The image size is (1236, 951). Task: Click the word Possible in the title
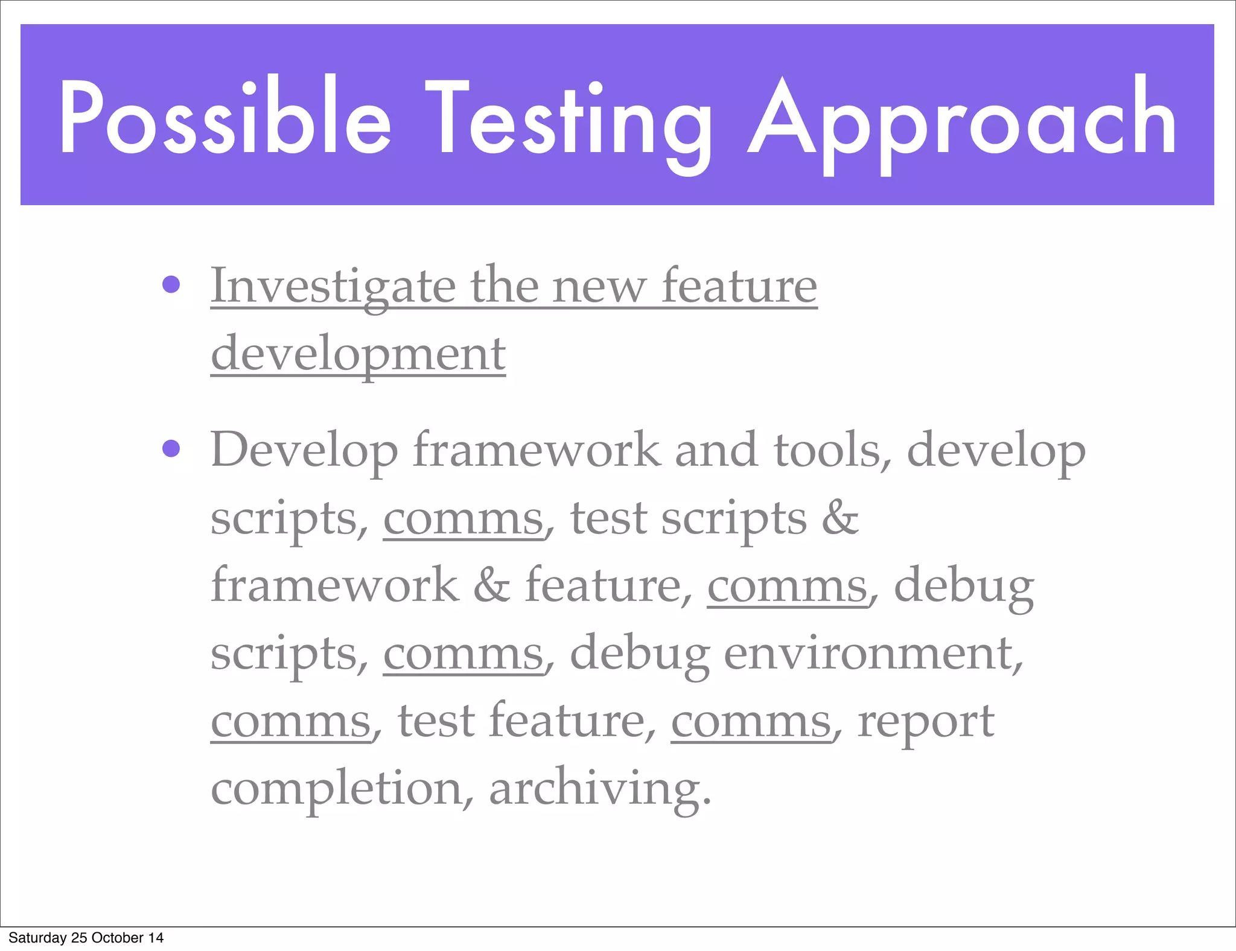click(225, 118)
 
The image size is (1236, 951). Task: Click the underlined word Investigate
click(333, 286)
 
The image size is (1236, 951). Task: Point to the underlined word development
click(358, 354)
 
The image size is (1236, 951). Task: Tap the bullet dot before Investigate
click(171, 284)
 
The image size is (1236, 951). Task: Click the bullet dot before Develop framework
click(171, 449)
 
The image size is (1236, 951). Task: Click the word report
click(926, 722)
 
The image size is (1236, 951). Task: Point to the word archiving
click(600, 789)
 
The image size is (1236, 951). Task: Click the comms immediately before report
click(751, 722)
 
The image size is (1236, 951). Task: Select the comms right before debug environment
click(463, 654)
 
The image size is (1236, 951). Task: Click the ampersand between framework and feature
click(491, 585)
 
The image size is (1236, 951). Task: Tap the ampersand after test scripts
click(840, 518)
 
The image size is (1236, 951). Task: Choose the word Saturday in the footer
click(37, 938)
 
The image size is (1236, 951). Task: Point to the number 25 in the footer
click(79, 938)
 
